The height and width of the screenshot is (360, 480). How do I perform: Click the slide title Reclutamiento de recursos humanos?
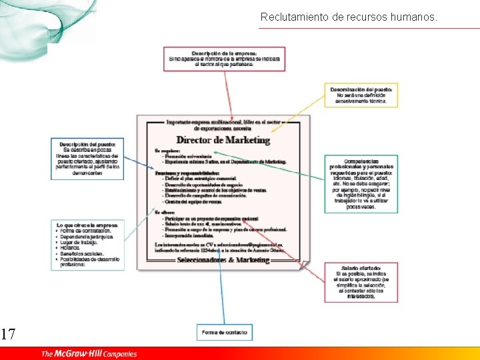pos(349,17)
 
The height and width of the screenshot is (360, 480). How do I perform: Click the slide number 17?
pos(8,334)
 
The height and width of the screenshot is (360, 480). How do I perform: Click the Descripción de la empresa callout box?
pos(224,59)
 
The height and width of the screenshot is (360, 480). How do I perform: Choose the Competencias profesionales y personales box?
pos(363,184)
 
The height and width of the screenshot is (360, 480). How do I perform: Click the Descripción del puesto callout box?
pos(87,159)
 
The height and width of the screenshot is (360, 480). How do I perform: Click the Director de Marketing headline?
pos(223,140)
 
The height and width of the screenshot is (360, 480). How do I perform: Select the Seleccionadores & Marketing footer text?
pos(223,260)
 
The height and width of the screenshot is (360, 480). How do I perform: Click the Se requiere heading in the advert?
pos(167,151)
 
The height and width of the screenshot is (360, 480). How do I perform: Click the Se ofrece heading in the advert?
pos(165,213)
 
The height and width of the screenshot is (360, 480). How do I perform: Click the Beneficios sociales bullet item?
pos(83,254)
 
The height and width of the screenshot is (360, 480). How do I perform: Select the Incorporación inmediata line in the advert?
pos(193,235)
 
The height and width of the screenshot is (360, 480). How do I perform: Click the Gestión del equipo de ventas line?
pos(193,201)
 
